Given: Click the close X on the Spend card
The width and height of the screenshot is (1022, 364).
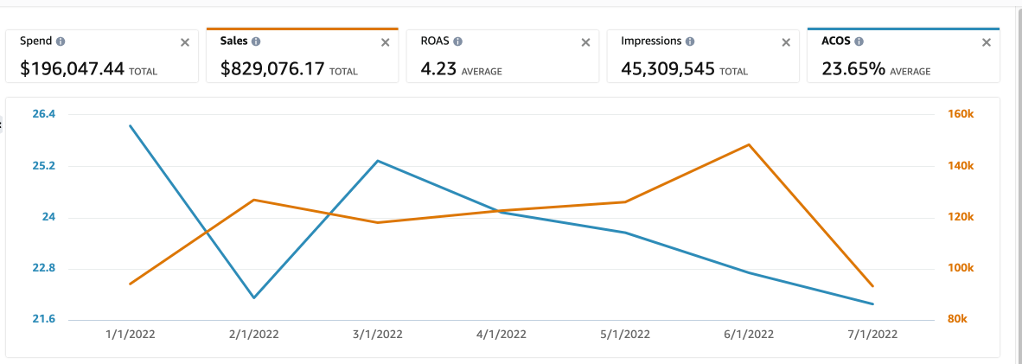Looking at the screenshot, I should [184, 42].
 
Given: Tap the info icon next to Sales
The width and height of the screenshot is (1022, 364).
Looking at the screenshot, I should [257, 42].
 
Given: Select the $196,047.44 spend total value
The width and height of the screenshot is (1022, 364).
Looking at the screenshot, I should [72, 69].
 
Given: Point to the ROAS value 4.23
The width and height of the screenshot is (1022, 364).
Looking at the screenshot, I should [438, 69].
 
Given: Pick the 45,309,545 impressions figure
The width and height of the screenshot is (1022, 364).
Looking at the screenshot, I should [661, 69].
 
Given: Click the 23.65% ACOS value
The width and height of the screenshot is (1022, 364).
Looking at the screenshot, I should [853, 69].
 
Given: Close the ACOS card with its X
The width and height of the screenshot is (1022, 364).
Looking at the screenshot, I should [987, 42].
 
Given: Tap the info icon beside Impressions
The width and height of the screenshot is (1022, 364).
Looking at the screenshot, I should [689, 42].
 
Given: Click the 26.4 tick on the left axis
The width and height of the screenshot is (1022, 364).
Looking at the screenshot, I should [43, 114].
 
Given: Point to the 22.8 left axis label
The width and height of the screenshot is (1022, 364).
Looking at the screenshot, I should [43, 269].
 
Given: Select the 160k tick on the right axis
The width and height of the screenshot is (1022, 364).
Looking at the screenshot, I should [962, 114].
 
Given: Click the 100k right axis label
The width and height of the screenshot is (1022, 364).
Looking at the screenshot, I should [962, 269].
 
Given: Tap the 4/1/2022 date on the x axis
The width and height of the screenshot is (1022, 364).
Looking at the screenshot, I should [501, 334].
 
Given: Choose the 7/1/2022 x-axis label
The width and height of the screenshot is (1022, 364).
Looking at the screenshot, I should [872, 334].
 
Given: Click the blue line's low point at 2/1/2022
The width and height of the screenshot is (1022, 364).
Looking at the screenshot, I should [254, 297].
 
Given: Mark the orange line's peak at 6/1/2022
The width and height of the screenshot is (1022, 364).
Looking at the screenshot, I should [749, 144].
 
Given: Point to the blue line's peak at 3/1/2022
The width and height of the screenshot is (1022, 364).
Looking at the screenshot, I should [378, 161].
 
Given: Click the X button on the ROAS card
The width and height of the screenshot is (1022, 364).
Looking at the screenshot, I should [585, 42].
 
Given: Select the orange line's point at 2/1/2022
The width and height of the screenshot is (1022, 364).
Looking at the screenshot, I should [254, 200].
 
